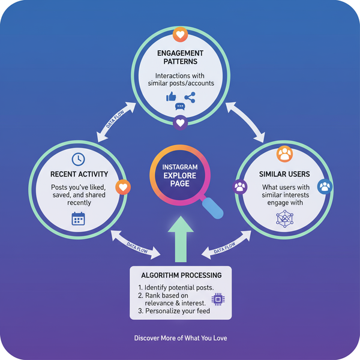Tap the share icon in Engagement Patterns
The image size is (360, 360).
(x=190, y=96)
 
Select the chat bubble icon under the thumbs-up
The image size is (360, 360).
(x=180, y=107)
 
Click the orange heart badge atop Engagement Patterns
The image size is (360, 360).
(x=180, y=34)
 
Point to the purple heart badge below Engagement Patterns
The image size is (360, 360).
(x=180, y=124)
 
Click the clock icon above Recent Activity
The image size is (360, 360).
(x=78, y=159)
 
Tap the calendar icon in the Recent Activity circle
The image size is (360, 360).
(x=79, y=218)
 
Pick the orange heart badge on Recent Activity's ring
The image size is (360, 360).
(x=122, y=188)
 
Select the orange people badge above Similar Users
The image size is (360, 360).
(x=284, y=154)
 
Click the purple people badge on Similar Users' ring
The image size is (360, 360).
(x=240, y=187)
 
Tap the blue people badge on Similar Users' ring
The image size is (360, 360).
(x=325, y=186)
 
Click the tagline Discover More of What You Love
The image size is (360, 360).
(x=180, y=338)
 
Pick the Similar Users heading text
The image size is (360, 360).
(x=283, y=175)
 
